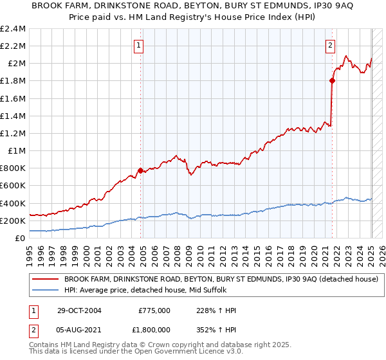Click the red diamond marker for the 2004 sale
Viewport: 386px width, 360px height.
click(140, 170)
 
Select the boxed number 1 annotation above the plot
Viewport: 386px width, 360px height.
click(140, 45)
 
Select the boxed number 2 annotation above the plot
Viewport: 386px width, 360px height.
click(330, 45)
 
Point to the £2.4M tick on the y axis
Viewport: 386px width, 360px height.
click(14, 29)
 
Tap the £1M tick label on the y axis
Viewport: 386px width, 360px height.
click(17, 151)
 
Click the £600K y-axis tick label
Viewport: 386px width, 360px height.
click(14, 186)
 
